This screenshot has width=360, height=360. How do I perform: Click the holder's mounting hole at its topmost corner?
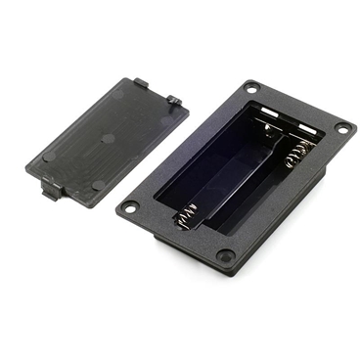pyautogui.click(x=251, y=88)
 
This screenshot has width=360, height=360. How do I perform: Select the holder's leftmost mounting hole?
pyautogui.click(x=130, y=207)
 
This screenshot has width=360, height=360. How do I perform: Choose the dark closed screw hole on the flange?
pyautogui.click(x=225, y=256)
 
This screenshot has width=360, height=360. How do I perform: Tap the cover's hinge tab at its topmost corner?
pyautogui.click(x=140, y=84)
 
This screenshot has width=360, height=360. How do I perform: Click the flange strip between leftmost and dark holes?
pyautogui.click(x=176, y=232)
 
